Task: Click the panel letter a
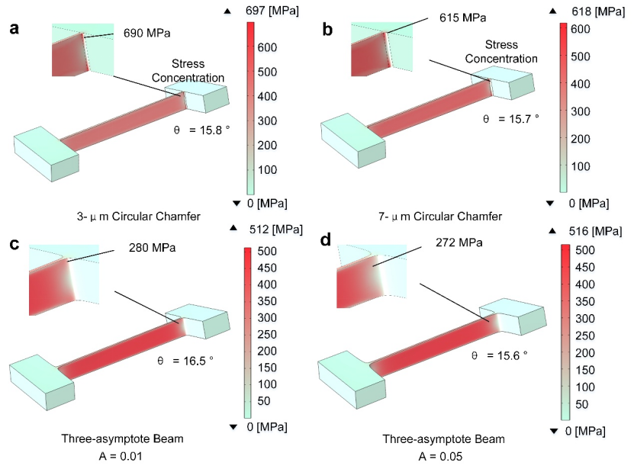click(14, 31)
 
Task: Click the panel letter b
click(328, 31)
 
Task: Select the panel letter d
click(328, 246)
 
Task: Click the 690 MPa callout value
click(147, 34)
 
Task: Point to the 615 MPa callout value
click(462, 17)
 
